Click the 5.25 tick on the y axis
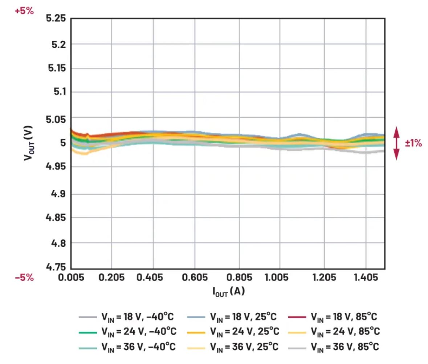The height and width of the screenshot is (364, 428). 56,18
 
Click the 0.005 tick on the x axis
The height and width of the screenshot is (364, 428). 71,278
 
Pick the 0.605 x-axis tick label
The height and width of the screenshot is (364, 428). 195,278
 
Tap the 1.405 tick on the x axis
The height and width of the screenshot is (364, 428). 366,278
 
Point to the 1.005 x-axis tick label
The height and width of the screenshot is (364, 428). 280,278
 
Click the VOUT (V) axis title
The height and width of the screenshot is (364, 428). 28,143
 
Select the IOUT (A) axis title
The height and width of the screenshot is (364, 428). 228,291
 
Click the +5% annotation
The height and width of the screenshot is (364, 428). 24,11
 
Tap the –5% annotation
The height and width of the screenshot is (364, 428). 24,278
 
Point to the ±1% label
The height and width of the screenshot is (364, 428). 413,143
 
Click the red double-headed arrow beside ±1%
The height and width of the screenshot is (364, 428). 396,143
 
